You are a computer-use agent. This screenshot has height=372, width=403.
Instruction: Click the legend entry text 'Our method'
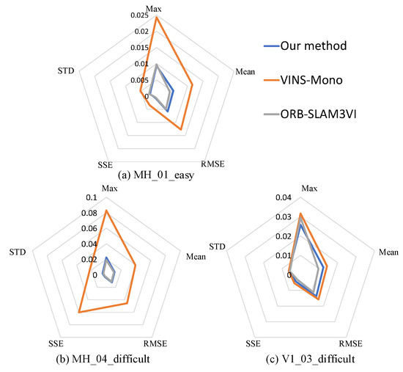tap(327, 46)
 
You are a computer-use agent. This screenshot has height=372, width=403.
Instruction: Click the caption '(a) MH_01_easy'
tap(155, 176)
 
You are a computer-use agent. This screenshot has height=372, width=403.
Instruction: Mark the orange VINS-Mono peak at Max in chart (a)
tap(155, 17)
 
